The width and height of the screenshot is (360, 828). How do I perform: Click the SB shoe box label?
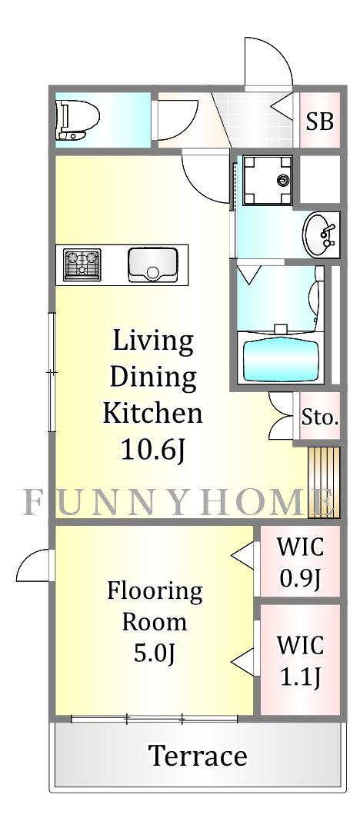tap(320, 122)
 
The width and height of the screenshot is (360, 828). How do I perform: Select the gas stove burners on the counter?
tap(82, 264)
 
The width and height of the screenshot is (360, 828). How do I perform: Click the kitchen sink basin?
tap(153, 264)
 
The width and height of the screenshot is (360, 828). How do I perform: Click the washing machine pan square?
tap(267, 180)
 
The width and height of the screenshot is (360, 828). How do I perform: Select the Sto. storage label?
tap(320, 418)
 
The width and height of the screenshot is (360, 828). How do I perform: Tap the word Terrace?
tap(198, 757)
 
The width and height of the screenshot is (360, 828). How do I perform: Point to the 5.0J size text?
tap(155, 654)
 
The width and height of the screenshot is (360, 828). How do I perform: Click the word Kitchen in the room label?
tap(153, 413)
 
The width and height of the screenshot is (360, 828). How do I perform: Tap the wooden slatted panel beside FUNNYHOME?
tap(324, 482)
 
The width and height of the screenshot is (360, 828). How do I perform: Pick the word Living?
tap(153, 344)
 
